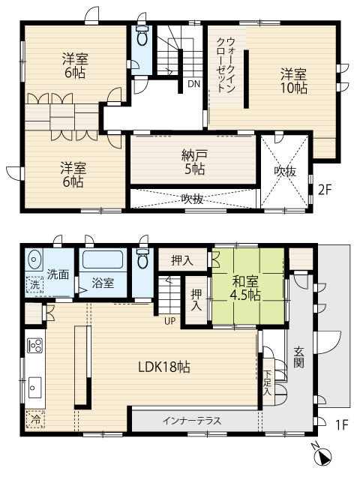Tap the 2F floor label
click(325, 190)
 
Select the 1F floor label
click(342, 425)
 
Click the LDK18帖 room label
click(164, 367)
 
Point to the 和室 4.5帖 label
click(245, 288)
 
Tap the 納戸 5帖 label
click(194, 162)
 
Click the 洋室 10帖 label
click(294, 81)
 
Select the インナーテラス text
click(192, 421)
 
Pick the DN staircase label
click(193, 83)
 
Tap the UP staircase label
click(170, 321)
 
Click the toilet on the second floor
click(142, 36)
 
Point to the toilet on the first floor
click(142, 258)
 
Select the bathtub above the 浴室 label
click(103, 259)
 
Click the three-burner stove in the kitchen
click(34, 346)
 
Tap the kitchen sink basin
click(34, 388)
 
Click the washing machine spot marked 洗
click(34, 285)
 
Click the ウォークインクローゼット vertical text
click(226, 65)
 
